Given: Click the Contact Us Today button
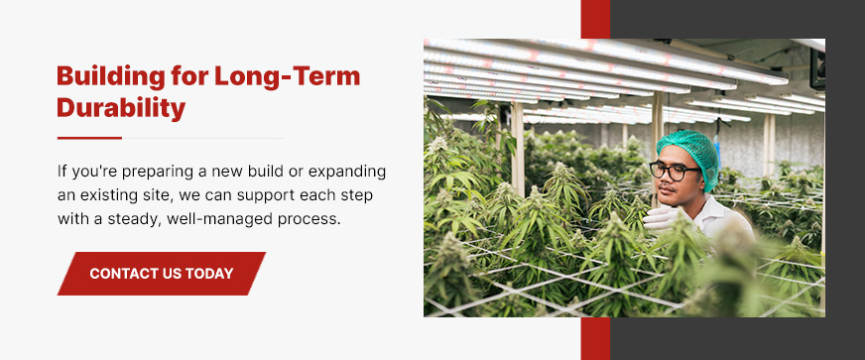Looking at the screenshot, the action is (x=162, y=274).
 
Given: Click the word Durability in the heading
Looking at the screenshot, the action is (x=121, y=107).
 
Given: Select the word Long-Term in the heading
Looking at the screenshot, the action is (x=287, y=75).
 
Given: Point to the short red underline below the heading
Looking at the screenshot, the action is (x=89, y=138).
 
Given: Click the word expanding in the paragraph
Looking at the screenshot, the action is (x=347, y=172).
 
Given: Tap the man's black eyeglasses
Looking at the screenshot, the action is (x=675, y=171).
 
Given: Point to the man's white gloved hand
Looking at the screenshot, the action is (x=662, y=217).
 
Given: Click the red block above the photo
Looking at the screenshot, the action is (x=595, y=19).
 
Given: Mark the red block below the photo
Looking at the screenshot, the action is (x=595, y=338).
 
